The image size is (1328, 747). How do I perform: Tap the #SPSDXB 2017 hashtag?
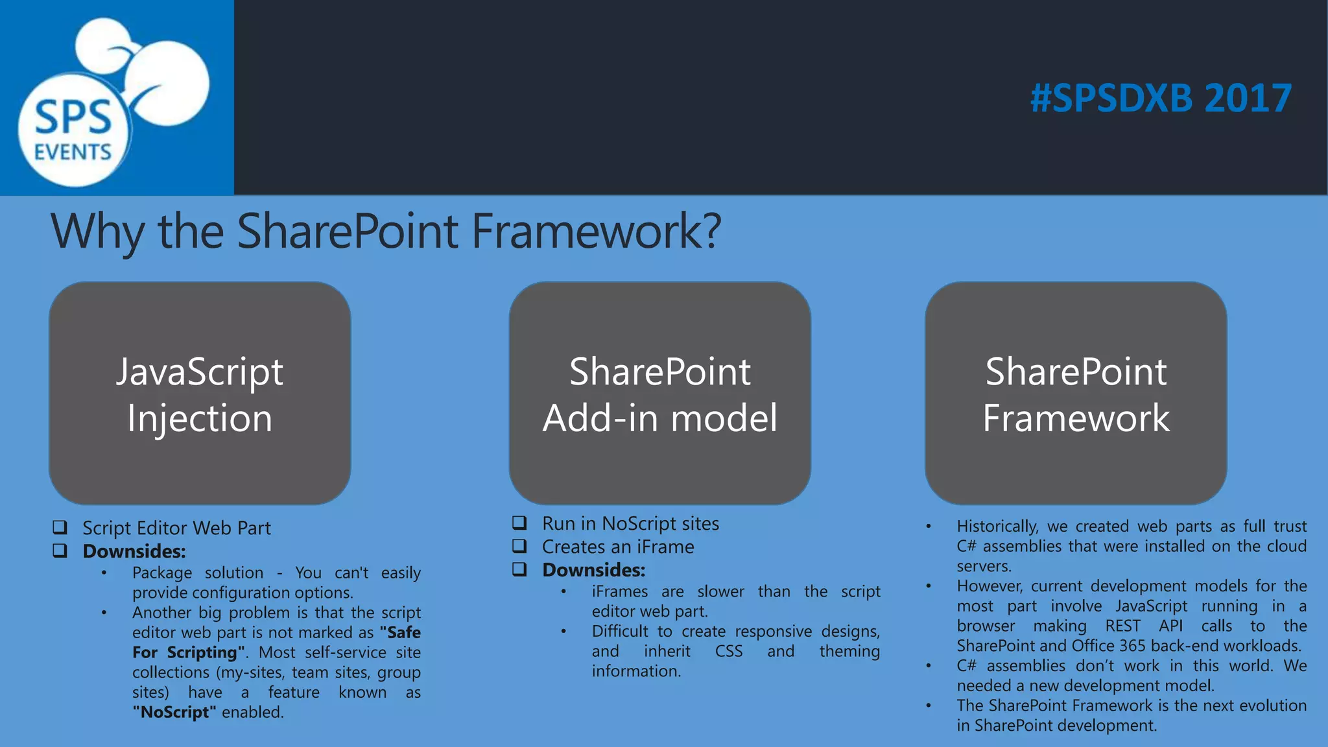tap(1161, 99)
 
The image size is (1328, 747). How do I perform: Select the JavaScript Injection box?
tap(200, 393)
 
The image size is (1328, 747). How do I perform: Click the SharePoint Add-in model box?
tap(659, 393)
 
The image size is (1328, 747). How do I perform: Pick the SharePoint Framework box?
tap(1076, 393)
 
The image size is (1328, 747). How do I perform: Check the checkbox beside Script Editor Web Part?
tap(60, 527)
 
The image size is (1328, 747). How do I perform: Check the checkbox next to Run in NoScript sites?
tap(519, 523)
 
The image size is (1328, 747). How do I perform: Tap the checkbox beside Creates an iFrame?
tap(519, 546)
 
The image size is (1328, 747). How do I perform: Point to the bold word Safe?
tap(403, 632)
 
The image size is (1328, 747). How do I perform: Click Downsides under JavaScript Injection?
tap(134, 551)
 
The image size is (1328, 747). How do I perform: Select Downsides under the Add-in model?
tap(594, 570)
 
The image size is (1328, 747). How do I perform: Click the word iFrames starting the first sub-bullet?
tap(619, 591)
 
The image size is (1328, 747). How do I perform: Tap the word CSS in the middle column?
tap(729, 651)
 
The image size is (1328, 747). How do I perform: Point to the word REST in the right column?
tap(1122, 626)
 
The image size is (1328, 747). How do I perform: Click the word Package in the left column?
tap(162, 573)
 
